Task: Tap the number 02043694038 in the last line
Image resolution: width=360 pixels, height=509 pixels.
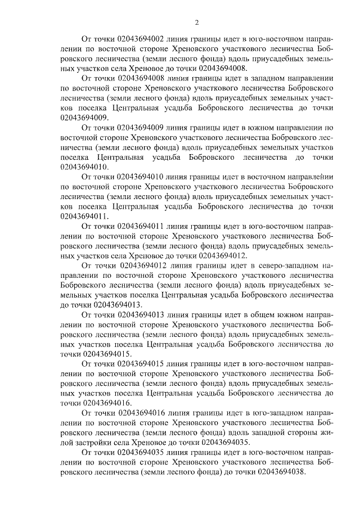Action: (x=278, y=472)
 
